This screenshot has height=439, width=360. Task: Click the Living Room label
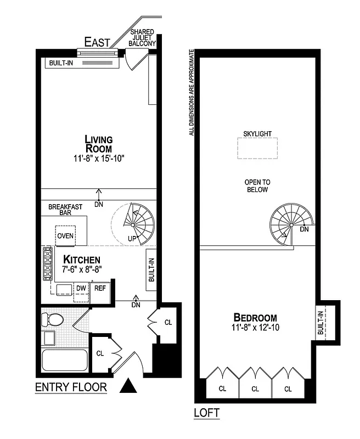[98, 144]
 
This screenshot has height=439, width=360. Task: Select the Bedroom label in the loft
[255, 318]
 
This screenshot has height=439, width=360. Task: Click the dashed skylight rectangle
[257, 148]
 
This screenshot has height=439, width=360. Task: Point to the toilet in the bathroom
[53, 319]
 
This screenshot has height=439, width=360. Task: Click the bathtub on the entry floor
[65, 361]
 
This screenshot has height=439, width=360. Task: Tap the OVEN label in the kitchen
[65, 236]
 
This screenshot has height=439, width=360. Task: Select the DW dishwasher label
[81, 288]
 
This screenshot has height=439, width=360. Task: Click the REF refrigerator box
[100, 288]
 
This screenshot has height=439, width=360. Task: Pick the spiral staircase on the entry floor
[134, 224]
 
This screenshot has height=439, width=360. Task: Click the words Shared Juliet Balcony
[142, 37]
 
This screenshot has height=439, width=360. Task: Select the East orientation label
[97, 42]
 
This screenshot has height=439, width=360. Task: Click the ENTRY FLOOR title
[71, 387]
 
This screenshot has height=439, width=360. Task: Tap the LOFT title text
[207, 413]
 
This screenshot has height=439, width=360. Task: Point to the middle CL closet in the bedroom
[255, 389]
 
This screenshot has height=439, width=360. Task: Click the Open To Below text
[257, 186]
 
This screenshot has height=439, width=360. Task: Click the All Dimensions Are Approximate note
[192, 92]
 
